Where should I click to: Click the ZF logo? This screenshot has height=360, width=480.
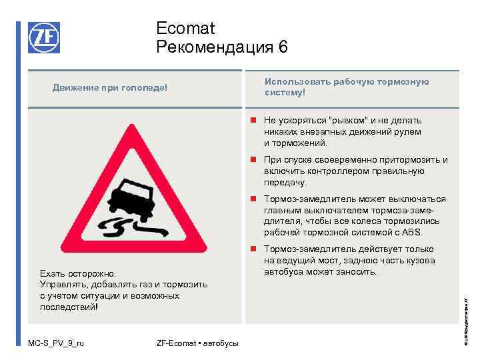[x=43, y=37]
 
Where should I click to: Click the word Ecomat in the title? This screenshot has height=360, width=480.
[x=185, y=28]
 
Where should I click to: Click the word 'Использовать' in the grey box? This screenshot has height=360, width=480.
[x=297, y=81]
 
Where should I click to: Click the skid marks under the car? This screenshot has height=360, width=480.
[x=121, y=228]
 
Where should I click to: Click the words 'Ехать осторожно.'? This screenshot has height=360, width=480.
[x=77, y=273]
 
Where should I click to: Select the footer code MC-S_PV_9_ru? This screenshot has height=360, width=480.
[x=56, y=344]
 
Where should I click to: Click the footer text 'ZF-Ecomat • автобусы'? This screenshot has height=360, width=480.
[x=197, y=344]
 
